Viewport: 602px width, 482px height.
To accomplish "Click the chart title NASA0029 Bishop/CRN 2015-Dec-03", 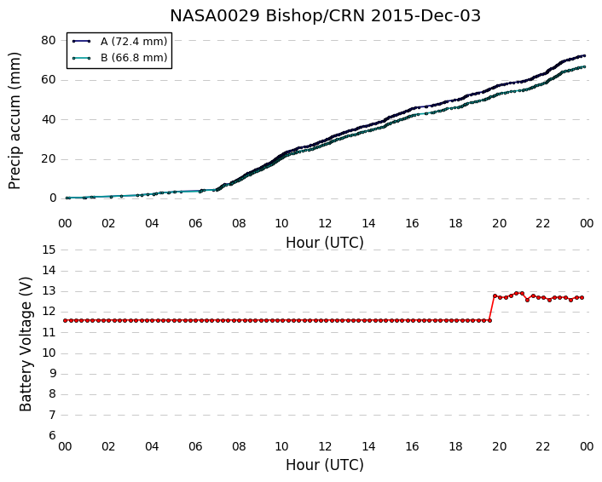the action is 325,16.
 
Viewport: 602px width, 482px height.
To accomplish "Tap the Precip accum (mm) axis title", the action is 14,121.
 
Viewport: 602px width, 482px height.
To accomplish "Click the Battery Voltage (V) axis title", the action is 26,344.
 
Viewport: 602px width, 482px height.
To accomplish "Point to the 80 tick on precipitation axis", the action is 49,40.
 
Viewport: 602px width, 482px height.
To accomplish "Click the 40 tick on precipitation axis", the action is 49,119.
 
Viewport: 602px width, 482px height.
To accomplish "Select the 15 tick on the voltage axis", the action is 49,250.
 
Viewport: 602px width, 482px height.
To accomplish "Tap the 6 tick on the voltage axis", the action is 52,436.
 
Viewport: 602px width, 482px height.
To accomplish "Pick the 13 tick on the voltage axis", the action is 49,291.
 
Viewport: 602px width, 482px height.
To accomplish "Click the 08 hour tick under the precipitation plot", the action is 239,224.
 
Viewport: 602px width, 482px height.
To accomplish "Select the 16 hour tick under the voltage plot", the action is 413,447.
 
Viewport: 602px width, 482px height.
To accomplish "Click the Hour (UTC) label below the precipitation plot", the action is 325,243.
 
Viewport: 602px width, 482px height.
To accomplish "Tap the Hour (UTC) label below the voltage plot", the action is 325,465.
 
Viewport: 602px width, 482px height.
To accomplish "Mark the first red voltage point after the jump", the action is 495,296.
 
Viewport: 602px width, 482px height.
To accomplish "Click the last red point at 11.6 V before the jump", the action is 489,320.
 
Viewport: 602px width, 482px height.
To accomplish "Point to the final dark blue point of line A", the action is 584,56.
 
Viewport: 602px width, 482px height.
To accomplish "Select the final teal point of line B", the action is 584,66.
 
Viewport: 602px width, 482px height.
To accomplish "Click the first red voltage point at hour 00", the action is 66,320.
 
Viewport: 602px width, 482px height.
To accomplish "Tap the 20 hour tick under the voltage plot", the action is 500,447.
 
